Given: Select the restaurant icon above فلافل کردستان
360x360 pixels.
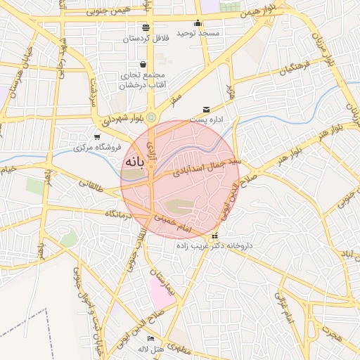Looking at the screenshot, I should point(146,27).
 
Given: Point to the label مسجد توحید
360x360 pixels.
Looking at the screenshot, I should point(198,33).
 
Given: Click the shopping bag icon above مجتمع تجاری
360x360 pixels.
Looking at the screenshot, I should point(143,65).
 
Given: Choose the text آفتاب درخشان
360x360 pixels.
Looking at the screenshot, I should point(143,85).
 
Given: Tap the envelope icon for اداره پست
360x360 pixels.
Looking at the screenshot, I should point(206,109).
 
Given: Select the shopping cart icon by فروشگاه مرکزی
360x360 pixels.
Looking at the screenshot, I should point(97,136).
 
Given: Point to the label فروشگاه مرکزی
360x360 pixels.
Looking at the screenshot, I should point(98,148).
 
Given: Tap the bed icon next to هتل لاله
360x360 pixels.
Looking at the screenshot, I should point(151,339).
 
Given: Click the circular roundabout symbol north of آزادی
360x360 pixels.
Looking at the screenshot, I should point(151,116).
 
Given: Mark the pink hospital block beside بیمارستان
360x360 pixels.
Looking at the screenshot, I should point(162,292).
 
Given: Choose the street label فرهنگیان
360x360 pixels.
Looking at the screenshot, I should point(295,68).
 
